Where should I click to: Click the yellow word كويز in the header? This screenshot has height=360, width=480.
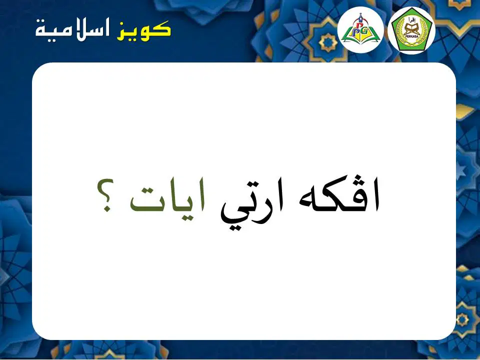pyautogui.click(x=143, y=30)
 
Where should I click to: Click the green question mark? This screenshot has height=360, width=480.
pyautogui.click(x=105, y=195)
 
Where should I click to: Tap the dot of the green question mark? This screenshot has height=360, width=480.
pyautogui.click(x=107, y=209)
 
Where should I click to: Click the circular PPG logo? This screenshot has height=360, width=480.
pyautogui.click(x=360, y=29)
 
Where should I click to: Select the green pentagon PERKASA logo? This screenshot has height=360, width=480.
pyautogui.click(x=411, y=30)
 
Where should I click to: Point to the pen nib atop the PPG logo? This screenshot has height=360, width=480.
pyautogui.click(x=361, y=15)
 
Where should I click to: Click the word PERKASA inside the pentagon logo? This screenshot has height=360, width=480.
pyautogui.click(x=411, y=37)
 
